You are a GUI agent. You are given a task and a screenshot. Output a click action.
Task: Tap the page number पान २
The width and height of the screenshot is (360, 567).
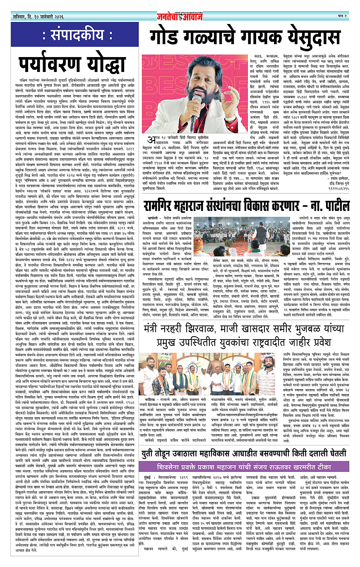(x=341, y=16)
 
